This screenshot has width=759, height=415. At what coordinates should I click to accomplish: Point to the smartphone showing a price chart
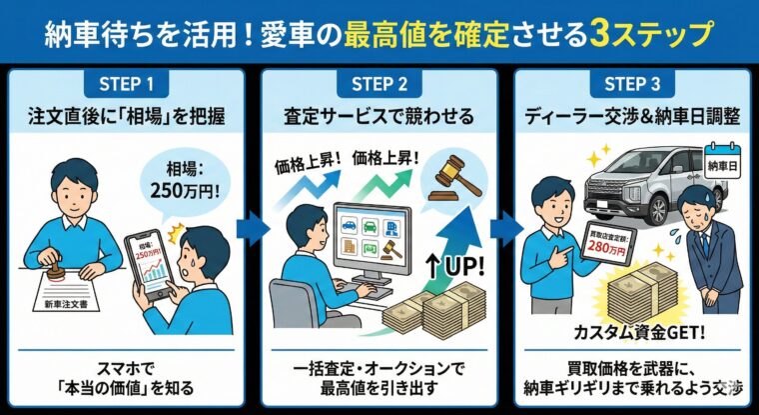point(146,266)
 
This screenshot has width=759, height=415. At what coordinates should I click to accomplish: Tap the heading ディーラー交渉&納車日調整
point(633,117)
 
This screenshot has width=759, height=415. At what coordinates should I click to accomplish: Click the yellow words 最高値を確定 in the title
point(419,34)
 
